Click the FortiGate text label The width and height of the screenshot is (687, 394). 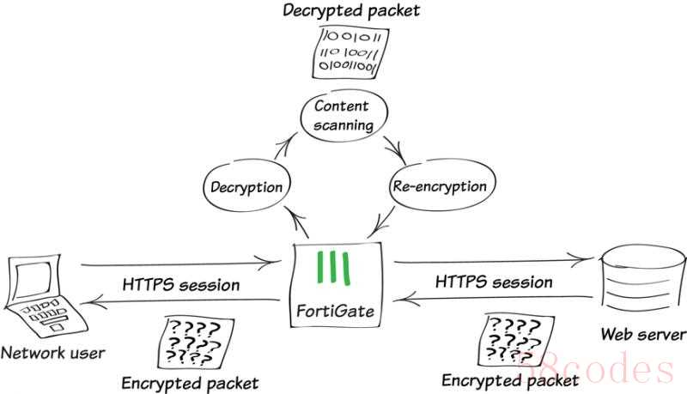335,311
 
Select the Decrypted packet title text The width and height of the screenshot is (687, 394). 351,10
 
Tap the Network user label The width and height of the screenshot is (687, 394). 52,353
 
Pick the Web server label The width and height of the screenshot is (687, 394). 643,335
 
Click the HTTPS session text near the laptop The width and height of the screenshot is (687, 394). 181,285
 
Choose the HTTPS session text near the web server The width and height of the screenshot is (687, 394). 494,282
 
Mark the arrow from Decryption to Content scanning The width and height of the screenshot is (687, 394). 284,147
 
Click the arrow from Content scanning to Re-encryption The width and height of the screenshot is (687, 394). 395,151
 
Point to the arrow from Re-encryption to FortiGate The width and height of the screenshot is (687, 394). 382,222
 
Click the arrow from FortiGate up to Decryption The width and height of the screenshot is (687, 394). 297,222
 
